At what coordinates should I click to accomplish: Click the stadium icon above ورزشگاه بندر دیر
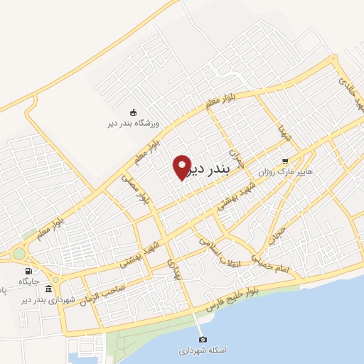pyautogui.click(x=133, y=112)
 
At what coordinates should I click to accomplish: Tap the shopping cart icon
pyautogui.click(x=286, y=161)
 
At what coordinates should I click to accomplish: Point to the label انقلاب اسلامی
pyautogui.click(x=221, y=252)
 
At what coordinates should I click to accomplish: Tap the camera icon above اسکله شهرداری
pyautogui.click(x=202, y=339)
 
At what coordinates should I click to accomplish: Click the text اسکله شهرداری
pyautogui.click(x=202, y=350)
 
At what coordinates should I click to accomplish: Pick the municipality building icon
pyautogui.click(x=48, y=289)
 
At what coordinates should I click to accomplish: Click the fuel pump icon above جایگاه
pyautogui.click(x=28, y=271)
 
